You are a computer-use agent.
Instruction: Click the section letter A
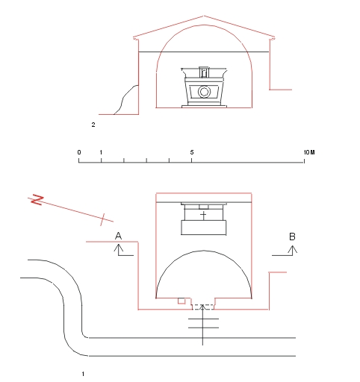point(118,236)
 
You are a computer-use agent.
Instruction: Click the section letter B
point(292,237)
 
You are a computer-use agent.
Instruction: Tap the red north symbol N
point(37,200)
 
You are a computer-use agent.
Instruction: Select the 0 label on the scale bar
point(79,152)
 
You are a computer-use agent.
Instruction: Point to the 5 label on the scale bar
point(192,152)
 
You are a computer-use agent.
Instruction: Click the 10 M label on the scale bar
point(309,152)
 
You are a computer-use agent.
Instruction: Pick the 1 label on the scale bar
point(101,152)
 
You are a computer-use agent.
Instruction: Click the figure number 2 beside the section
point(93,125)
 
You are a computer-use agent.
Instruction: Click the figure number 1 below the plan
point(83,374)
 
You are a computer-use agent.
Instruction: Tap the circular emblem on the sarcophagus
point(204,92)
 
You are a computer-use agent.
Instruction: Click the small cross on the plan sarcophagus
point(204,215)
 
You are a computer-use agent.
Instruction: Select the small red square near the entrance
point(181,301)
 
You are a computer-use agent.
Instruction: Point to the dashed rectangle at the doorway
point(203,307)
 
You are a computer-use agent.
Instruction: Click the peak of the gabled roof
point(204,16)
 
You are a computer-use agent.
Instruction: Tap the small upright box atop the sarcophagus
point(204,72)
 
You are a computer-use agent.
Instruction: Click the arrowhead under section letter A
point(119,248)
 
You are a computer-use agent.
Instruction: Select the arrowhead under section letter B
point(293,250)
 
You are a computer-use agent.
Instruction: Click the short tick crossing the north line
point(102,219)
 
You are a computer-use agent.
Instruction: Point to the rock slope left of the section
point(125,99)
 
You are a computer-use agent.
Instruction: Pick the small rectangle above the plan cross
point(204,207)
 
